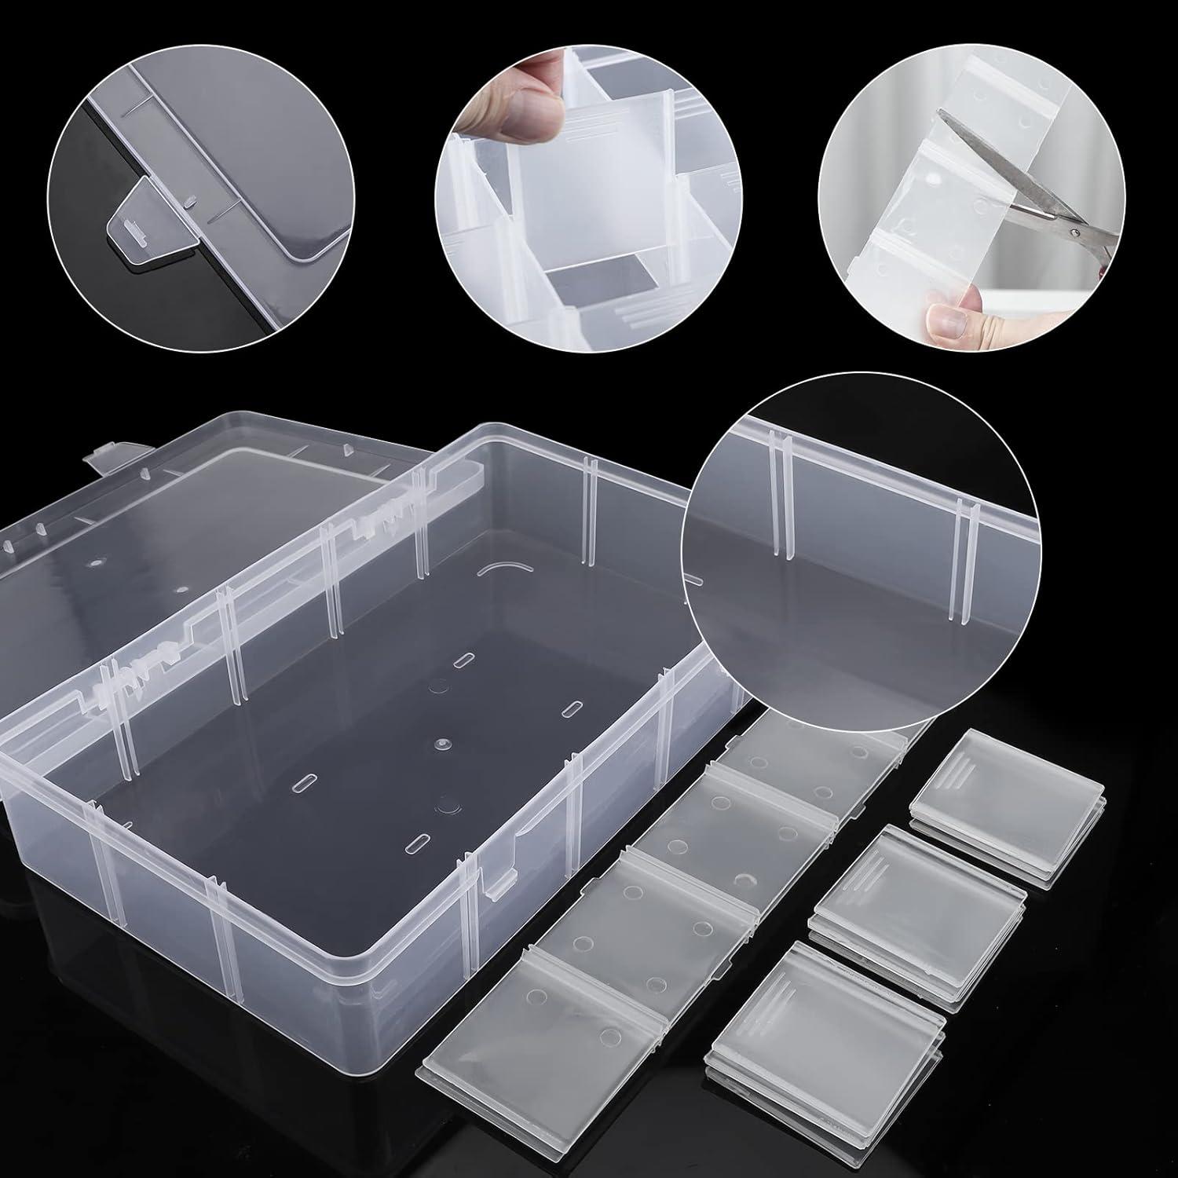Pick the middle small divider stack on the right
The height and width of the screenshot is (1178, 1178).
pos(919,880)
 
